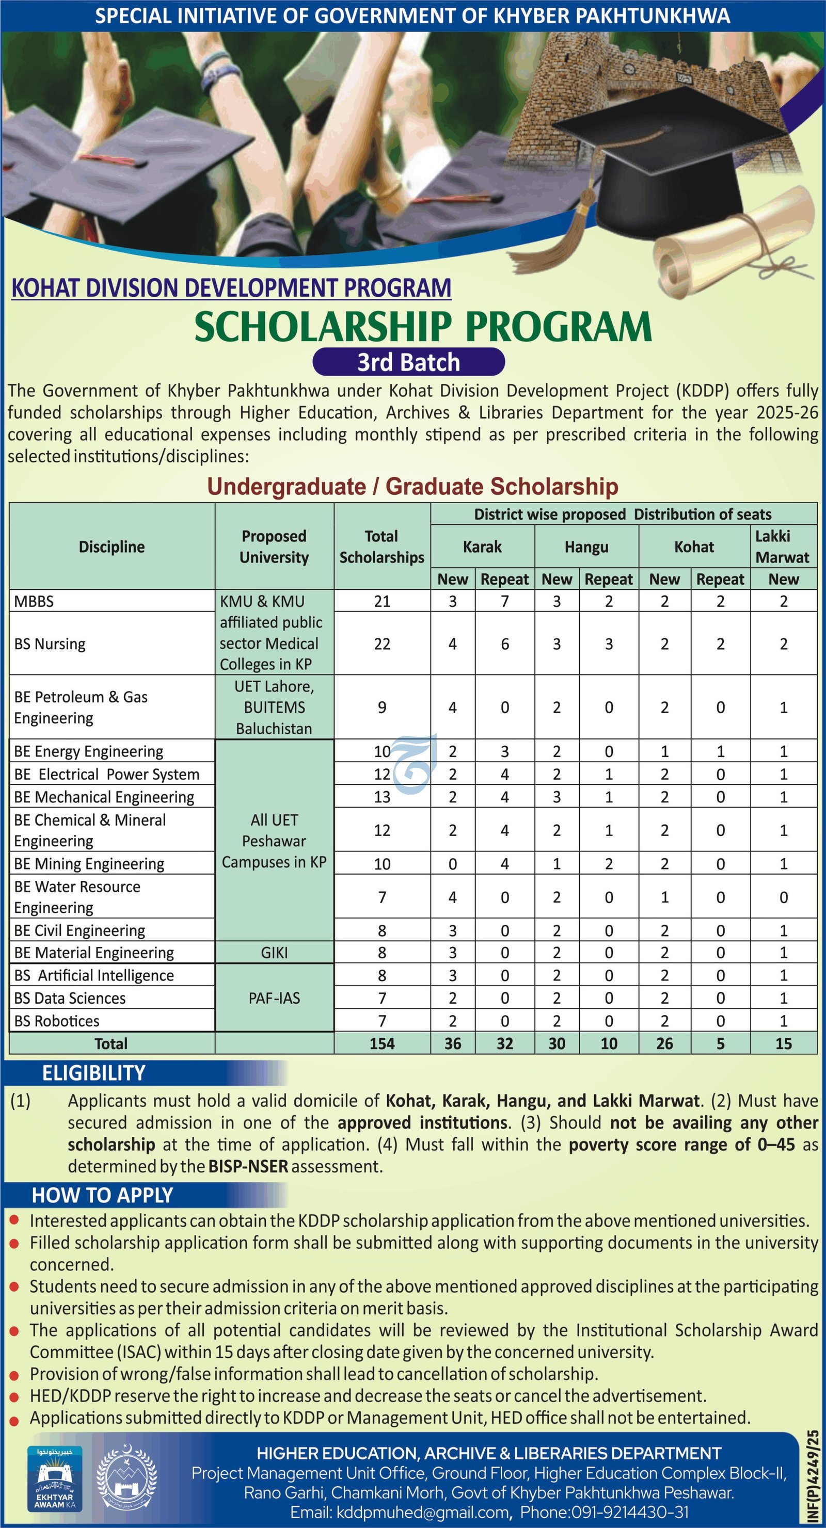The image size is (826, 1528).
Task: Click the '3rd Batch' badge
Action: [408, 362]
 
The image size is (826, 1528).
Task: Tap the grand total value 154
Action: [382, 1043]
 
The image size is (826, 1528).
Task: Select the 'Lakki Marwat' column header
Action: [783, 546]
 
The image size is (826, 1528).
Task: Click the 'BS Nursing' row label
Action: [50, 644]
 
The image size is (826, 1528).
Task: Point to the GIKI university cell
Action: [274, 953]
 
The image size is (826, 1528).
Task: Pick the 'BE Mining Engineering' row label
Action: [89, 864]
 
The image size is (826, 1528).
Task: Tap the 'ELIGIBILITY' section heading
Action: [94, 1073]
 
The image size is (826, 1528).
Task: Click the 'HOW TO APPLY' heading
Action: [102, 1195]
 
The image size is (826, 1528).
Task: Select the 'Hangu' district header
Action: [586, 546]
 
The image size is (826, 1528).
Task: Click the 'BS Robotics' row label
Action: [57, 1021]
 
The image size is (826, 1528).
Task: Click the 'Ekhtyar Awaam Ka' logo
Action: [55, 1477]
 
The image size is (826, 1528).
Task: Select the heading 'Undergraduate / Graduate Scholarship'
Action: [412, 487]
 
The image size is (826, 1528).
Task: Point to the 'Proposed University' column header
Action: [274, 546]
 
